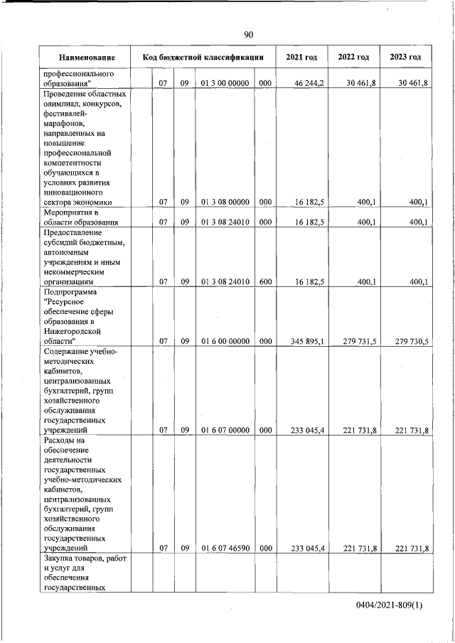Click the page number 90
tap(248, 35)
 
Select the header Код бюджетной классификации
tap(204, 57)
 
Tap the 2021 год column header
tap(301, 57)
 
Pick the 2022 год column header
tap(353, 57)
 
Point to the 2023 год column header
tap(405, 57)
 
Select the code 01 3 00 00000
tap(225, 84)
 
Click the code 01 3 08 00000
tap(225, 202)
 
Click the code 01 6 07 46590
tap(225, 549)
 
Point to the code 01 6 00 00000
tap(225, 341)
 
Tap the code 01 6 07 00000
tap(225, 430)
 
